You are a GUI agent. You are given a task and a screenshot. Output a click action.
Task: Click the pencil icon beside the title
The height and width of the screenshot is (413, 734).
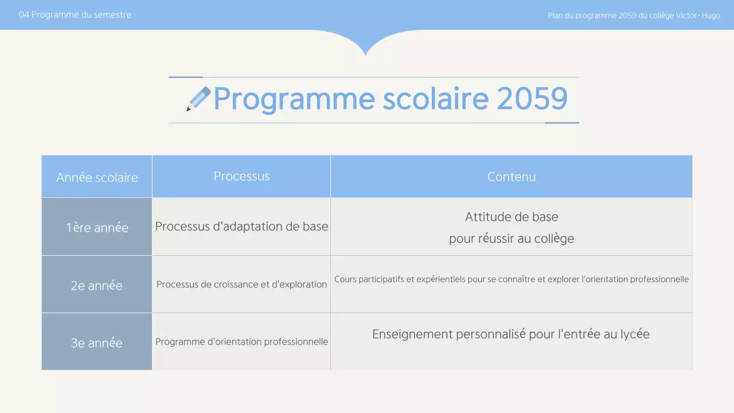[198, 99]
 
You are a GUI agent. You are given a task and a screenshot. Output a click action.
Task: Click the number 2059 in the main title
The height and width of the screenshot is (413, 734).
[532, 99]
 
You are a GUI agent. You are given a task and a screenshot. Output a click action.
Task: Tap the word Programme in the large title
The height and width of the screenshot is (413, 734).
[294, 99]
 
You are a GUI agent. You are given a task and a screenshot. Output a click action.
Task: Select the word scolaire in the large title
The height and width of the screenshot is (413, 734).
[435, 99]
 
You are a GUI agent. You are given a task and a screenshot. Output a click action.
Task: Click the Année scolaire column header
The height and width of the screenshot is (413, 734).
[97, 177]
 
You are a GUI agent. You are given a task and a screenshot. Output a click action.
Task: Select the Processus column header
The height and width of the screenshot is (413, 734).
[241, 176]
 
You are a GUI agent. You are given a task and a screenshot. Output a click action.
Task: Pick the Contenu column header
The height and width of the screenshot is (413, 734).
[512, 177]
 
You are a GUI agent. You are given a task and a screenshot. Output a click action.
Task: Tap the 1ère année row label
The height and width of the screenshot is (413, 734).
[97, 227]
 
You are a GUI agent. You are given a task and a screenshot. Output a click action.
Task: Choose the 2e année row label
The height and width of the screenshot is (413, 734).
[96, 285]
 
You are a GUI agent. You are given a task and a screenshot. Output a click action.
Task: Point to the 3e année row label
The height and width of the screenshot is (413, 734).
[96, 342]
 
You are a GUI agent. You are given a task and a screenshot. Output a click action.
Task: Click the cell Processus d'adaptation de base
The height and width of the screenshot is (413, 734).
[241, 227]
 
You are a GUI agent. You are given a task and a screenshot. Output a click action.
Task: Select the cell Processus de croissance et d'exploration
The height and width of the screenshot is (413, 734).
[241, 285]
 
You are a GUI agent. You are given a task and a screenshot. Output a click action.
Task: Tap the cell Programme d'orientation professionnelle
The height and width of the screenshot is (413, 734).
[241, 342]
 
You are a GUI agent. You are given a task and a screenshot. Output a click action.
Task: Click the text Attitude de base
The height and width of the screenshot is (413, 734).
[512, 217]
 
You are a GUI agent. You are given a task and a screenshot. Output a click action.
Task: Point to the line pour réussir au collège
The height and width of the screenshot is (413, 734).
[512, 238]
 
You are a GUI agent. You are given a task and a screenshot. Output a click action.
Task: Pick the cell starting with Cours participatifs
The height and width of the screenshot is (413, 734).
[512, 279]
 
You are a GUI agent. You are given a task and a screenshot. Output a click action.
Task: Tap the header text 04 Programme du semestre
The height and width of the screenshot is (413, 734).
[75, 15]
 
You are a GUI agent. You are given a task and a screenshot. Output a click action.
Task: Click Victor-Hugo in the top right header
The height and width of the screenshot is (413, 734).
[698, 15]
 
